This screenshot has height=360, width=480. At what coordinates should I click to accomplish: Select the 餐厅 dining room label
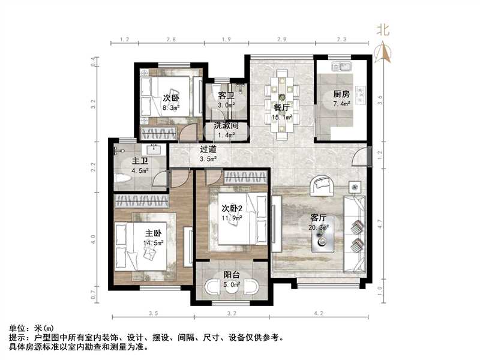[x=282, y=107]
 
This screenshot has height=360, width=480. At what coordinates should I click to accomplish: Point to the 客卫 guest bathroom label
[x=226, y=96]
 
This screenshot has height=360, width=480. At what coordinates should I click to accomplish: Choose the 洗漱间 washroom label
[x=226, y=127]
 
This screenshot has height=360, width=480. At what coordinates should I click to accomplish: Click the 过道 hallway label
[x=208, y=149]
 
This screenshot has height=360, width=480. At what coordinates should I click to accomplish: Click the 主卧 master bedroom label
[x=153, y=233]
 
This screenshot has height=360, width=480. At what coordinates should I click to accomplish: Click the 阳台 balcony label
[x=232, y=274]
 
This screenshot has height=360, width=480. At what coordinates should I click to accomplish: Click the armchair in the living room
[x=320, y=186]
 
